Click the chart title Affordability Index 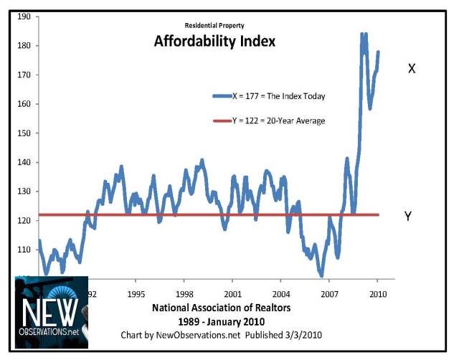pos(214,42)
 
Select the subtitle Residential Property pos(214,24)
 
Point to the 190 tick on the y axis pos(24,16)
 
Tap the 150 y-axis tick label pos(24,133)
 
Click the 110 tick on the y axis pos(24,250)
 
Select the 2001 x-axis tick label pos(232,294)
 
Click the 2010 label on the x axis pos(377,294)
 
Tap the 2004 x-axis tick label pos(280,294)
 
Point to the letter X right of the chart pos(412,69)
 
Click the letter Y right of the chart pos(408,216)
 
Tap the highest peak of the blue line pos(363,34)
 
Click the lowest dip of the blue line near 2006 pos(322,275)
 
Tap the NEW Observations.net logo pos(52,312)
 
